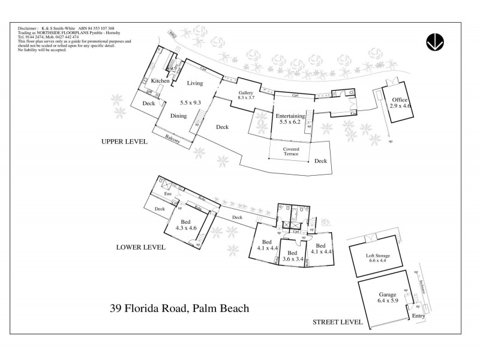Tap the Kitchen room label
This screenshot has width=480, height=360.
click(x=160, y=81)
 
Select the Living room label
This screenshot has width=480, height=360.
click(x=196, y=83)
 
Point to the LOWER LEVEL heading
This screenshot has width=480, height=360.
click(x=141, y=247)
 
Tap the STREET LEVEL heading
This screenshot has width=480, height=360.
click(x=337, y=322)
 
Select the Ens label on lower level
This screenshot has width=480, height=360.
click(x=160, y=194)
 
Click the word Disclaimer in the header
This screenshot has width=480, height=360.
click(x=28, y=28)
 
